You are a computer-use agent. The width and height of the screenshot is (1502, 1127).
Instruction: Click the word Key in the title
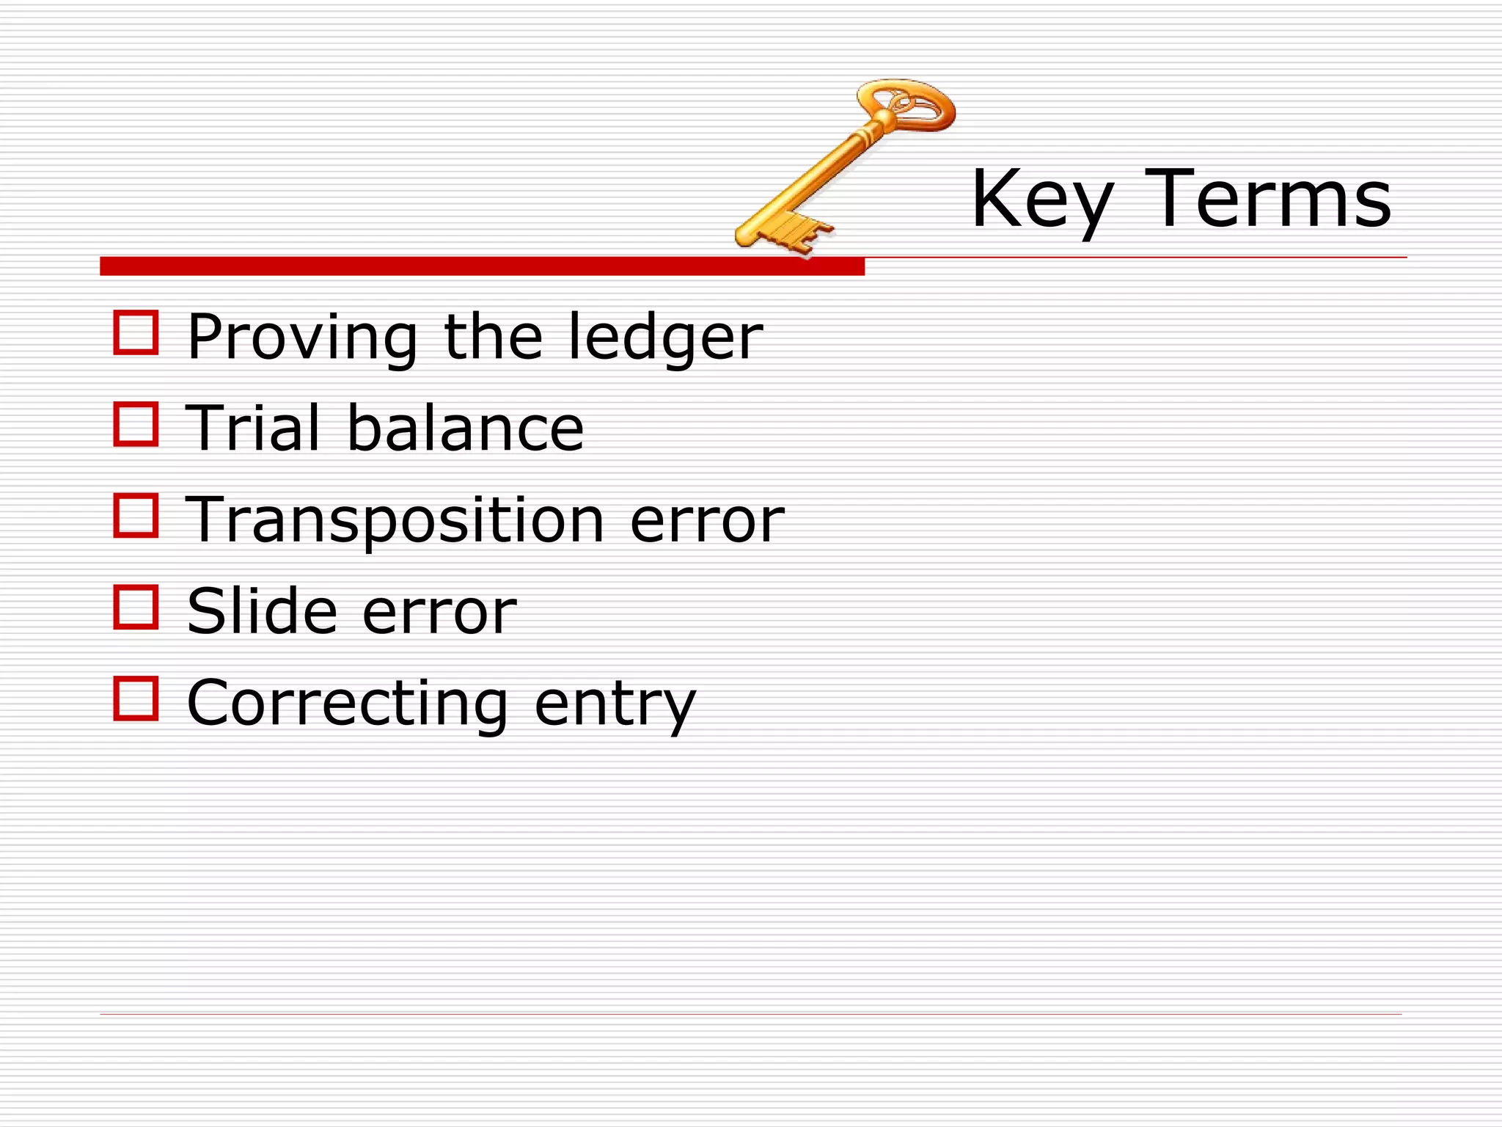(1041, 200)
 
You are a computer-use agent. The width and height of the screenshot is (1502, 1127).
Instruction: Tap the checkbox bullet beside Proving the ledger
(136, 333)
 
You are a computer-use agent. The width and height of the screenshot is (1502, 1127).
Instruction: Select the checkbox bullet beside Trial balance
(136, 424)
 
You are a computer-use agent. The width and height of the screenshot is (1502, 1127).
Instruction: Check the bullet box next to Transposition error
(136, 515)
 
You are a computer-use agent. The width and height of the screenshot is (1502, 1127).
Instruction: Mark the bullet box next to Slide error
(136, 607)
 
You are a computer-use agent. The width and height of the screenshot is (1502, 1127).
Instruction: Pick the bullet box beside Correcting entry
(136, 699)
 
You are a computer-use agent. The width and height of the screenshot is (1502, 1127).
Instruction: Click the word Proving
(301, 338)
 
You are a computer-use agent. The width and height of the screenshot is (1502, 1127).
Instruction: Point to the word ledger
(666, 338)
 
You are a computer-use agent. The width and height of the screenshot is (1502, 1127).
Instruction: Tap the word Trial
(253, 428)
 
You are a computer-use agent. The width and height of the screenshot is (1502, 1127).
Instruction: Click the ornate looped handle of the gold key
(909, 106)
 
